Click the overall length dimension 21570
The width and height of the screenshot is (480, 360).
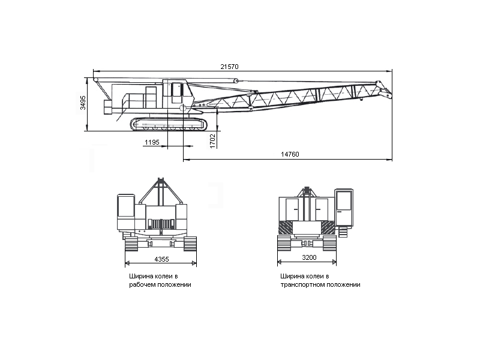pos(229,67)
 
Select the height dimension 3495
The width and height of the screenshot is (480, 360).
pos(83,103)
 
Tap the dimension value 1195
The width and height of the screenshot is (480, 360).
pos(152,142)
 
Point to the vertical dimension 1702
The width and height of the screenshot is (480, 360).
pos(213,141)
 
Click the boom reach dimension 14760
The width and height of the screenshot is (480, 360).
pos(290,154)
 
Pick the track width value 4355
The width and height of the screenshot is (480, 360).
pos(161,259)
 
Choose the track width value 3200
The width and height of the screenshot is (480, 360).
pos(309,257)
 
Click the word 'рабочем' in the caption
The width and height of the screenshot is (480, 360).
pos(142,284)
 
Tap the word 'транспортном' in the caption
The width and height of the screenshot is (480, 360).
pos(302,284)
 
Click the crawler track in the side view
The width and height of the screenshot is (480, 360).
pos(169,124)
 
